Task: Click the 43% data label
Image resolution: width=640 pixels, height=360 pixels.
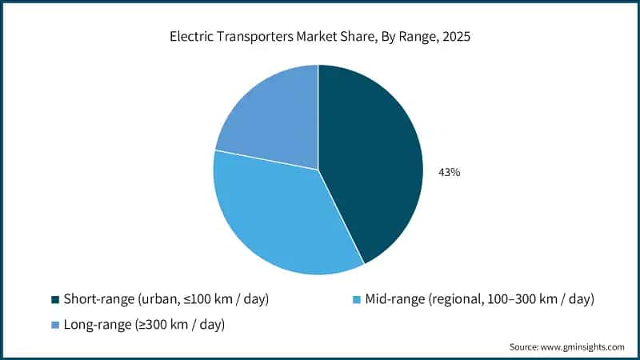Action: click(x=449, y=172)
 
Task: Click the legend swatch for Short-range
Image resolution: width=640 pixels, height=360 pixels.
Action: click(x=55, y=299)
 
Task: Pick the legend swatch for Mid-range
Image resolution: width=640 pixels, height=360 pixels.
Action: click(x=355, y=299)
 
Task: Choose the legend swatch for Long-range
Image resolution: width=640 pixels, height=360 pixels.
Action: click(x=55, y=324)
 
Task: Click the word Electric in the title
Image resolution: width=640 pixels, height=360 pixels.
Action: click(x=190, y=36)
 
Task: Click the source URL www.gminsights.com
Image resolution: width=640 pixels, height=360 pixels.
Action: click(x=581, y=347)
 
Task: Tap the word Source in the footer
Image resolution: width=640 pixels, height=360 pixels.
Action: click(x=524, y=347)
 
